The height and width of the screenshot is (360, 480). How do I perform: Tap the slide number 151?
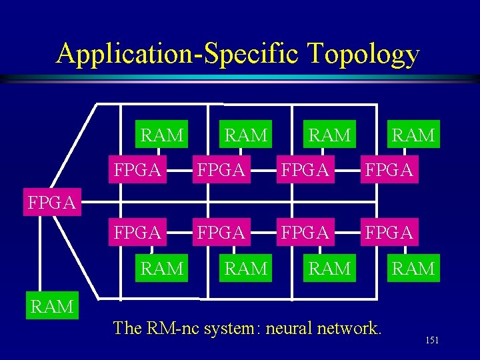click(x=432, y=341)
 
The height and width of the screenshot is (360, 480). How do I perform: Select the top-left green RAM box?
click(x=162, y=135)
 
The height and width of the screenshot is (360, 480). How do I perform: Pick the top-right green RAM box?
click(x=413, y=135)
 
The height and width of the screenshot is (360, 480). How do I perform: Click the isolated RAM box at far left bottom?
click(x=52, y=306)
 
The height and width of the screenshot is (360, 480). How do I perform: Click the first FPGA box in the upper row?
click(x=138, y=170)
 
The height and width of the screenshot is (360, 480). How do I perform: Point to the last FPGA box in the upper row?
click(x=389, y=170)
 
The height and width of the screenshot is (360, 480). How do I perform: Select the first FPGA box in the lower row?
click(x=138, y=232)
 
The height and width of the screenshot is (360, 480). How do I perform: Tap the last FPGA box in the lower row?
click(x=389, y=232)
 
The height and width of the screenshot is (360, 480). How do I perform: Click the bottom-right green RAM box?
click(x=413, y=269)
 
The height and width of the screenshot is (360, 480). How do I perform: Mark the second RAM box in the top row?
click(x=246, y=135)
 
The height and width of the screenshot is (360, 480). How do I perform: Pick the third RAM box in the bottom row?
click(x=330, y=269)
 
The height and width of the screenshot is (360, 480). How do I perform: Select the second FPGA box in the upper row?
click(x=221, y=170)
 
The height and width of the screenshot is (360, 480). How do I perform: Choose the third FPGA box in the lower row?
click(x=305, y=232)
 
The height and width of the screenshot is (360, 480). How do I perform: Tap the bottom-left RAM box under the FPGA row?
click(x=162, y=269)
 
